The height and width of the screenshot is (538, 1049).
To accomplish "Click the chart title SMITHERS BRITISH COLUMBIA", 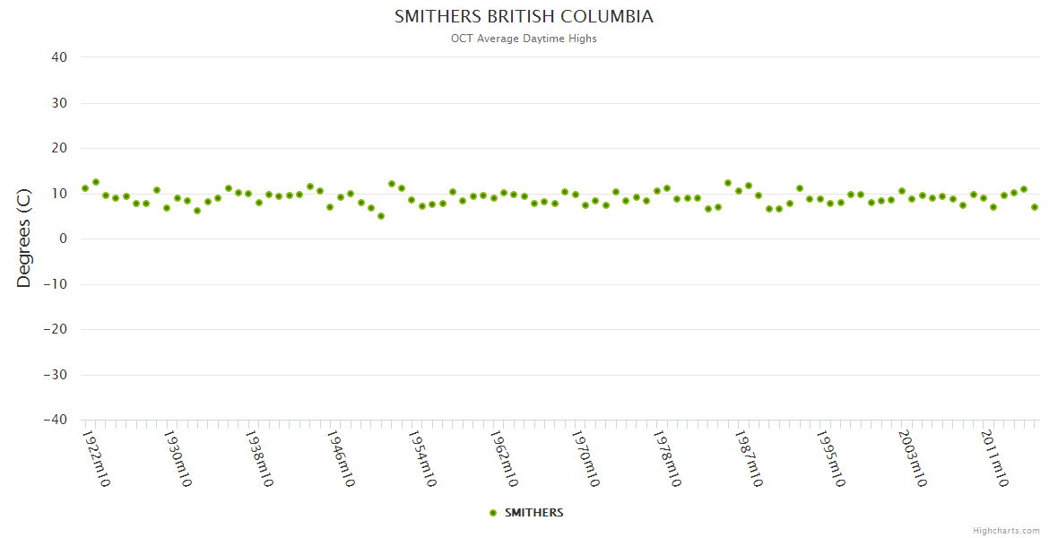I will [524, 17].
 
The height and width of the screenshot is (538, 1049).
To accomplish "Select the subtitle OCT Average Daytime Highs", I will [524, 39].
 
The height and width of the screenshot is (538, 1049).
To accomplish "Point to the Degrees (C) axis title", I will [24, 238].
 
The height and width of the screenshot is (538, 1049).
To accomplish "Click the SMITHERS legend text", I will [534, 513].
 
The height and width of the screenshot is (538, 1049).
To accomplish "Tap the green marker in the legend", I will [493, 513].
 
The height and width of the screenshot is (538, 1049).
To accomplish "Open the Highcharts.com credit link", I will [1006, 531].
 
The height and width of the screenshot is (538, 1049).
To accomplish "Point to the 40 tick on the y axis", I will [59, 57].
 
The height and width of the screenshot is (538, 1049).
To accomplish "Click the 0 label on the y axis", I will [63, 239].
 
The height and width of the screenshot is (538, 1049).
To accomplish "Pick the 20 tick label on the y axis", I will [59, 148].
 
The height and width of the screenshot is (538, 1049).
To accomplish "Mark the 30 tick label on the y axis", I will [59, 103].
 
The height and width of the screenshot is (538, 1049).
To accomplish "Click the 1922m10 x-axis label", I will [96, 458].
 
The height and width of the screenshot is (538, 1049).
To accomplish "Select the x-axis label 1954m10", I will [422, 458].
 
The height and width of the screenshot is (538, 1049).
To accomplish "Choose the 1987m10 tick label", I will [749, 458].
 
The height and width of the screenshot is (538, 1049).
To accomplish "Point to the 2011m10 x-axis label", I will [993, 458].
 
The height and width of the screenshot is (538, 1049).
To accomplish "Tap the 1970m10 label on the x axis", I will [585, 458].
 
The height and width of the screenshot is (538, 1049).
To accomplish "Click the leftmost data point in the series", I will [85, 188].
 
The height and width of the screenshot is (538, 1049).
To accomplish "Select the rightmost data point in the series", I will [1035, 207].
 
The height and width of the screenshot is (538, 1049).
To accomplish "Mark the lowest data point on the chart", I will [381, 216].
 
